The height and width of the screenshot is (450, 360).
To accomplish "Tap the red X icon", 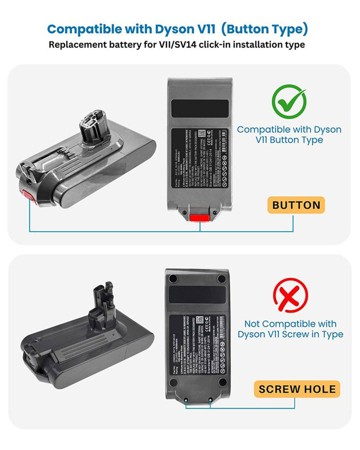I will [290, 295].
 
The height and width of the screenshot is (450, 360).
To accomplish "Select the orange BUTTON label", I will [296, 205].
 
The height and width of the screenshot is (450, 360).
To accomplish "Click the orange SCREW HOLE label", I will [297, 389].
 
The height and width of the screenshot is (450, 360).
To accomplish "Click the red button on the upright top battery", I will [200, 217].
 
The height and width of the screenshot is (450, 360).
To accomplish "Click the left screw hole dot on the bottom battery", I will [186, 400].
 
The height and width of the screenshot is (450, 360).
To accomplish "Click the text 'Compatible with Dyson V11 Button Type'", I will [289, 134].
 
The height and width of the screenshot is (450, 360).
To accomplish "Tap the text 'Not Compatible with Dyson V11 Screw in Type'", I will [290, 329].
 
